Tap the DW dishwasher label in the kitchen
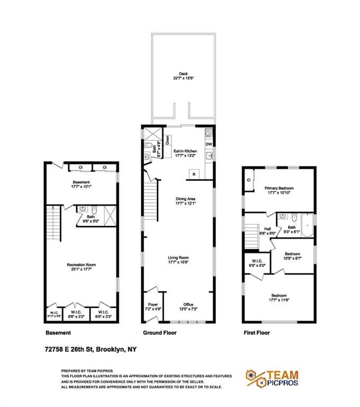pyautogui.click(x=209, y=144)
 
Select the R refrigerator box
pyautogui.click(x=194, y=174)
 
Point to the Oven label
pyautogui.click(x=167, y=140)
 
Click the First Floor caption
pyautogui.click(x=256, y=333)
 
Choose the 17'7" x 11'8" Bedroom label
pyautogui.click(x=279, y=297)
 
